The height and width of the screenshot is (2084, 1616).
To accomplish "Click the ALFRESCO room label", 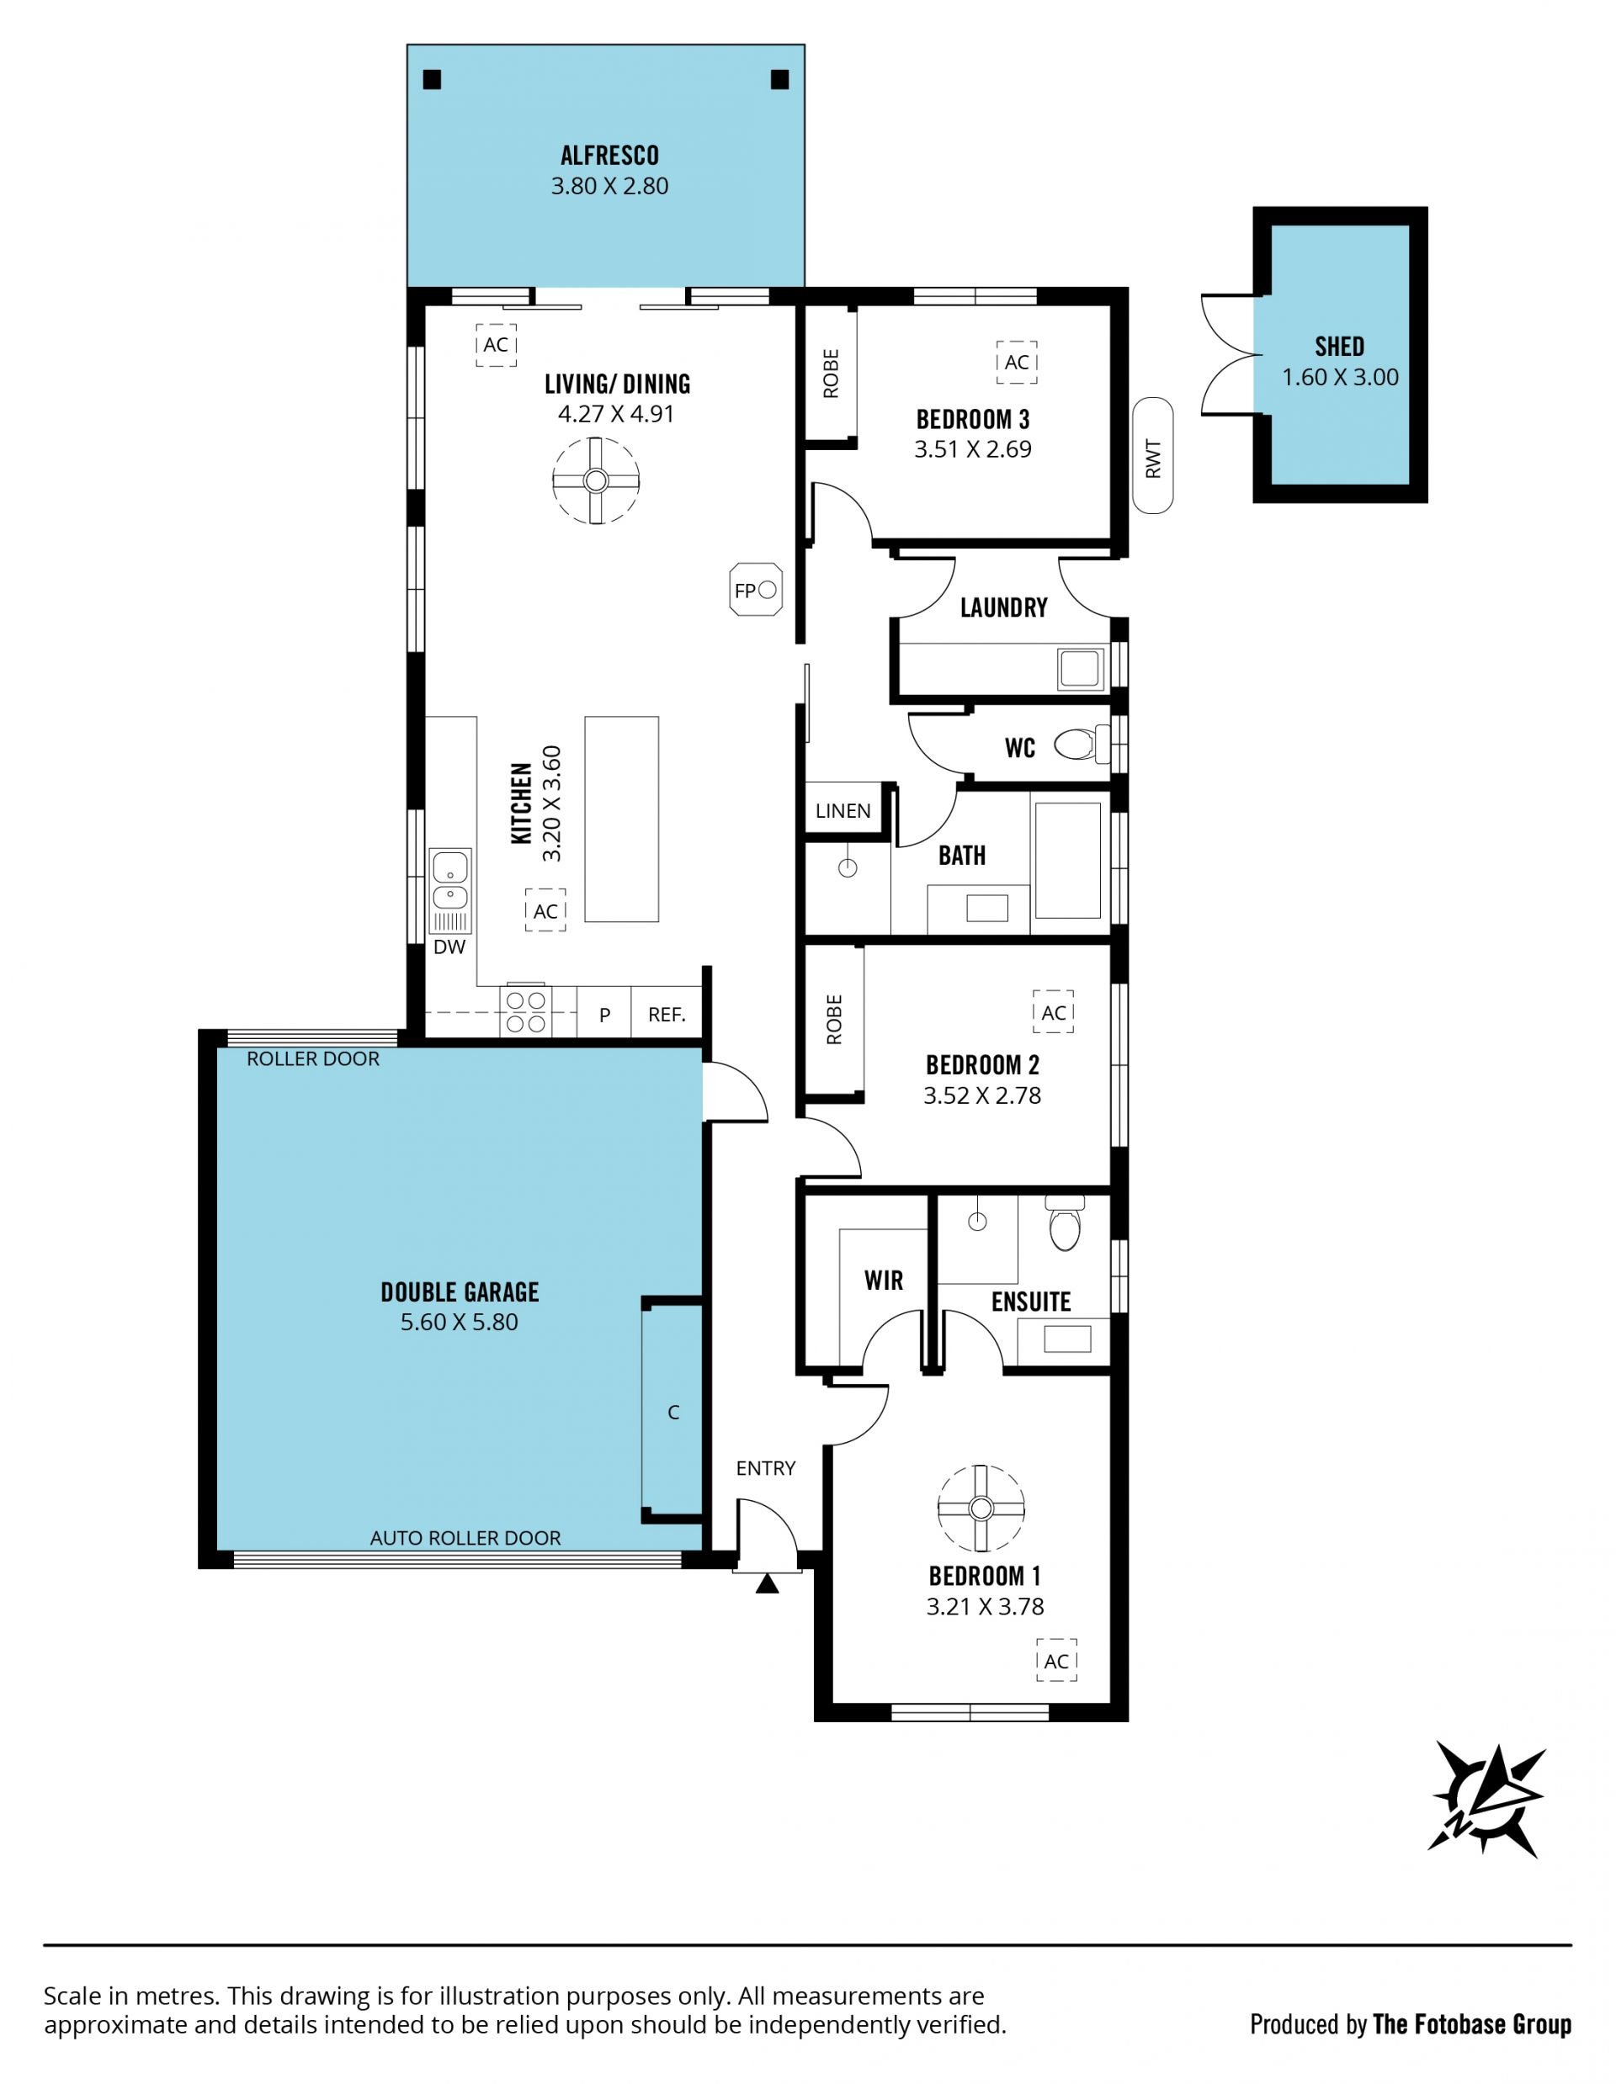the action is tap(609, 155).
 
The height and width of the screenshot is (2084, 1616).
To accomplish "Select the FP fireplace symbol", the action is tap(755, 591).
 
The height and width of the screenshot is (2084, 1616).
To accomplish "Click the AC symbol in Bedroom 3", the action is tap(1017, 363).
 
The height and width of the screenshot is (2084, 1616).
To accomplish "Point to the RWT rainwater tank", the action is tap(1153, 456).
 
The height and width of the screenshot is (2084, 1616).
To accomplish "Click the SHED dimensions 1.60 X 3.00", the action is tap(1340, 377).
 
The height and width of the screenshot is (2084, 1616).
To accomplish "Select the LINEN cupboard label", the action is tap(843, 811).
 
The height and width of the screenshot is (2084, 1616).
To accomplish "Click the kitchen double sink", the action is tap(449, 881).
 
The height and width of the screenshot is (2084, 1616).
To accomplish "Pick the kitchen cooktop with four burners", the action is tap(526, 1011).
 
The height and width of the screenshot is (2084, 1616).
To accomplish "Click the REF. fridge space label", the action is tap(667, 1015).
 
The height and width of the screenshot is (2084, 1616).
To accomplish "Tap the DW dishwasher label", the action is tap(449, 947).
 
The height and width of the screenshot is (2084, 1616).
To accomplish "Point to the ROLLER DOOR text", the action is tap(313, 1059).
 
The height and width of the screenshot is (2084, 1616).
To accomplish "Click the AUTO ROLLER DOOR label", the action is tap(465, 1538).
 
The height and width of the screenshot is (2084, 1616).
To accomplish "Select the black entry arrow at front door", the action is tap(768, 1585).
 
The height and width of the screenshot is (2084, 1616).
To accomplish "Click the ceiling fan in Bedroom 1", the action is tap(981, 1509).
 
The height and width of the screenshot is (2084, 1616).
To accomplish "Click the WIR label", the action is tap(884, 1281).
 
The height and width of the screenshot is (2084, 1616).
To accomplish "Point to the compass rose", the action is tap(1487, 1799).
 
